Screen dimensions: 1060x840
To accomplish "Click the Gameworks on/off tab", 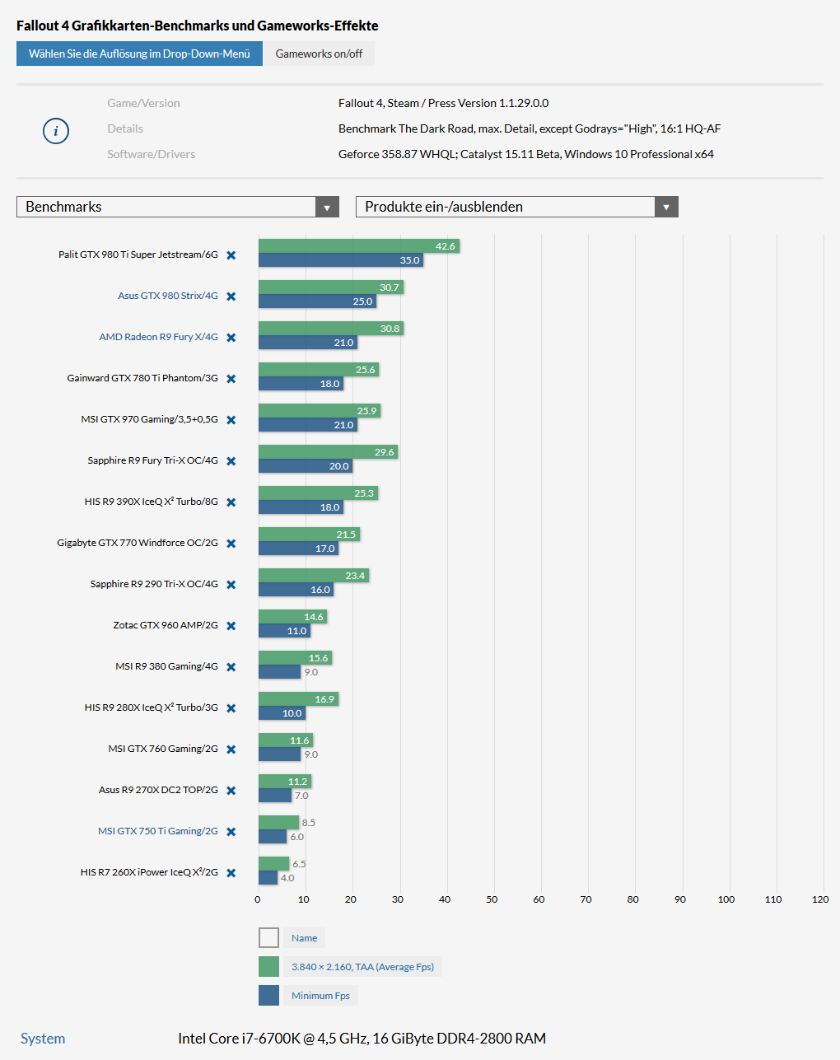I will pyautogui.click(x=319, y=54).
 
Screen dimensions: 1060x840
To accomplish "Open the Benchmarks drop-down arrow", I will pyautogui.click(x=327, y=208).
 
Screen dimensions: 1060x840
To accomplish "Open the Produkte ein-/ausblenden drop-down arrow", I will pyautogui.click(x=666, y=208).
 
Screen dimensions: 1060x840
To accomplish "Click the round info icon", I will pyautogui.click(x=56, y=131).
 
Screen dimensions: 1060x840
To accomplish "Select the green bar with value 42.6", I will pyautogui.click(x=358, y=246).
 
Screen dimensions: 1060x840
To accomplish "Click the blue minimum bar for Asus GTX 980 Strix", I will pyautogui.click(x=317, y=301).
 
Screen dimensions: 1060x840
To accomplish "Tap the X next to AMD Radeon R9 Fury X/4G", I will pyautogui.click(x=231, y=338).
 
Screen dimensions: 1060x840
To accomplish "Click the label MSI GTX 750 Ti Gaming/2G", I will pyautogui.click(x=157, y=831).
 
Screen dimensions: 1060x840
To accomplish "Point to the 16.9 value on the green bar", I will pyautogui.click(x=324, y=699).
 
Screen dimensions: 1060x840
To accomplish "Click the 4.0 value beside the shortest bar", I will pyautogui.click(x=287, y=878).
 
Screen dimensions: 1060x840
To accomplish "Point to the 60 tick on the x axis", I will pyautogui.click(x=539, y=899).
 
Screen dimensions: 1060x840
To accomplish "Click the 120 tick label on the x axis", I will pyautogui.click(x=820, y=899).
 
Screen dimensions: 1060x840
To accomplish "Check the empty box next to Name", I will pyautogui.click(x=268, y=938).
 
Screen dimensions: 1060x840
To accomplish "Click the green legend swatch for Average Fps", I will pyautogui.click(x=268, y=967).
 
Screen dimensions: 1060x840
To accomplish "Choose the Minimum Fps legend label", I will pyautogui.click(x=320, y=996).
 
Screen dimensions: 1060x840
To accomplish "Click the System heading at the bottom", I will pyautogui.click(x=43, y=1039).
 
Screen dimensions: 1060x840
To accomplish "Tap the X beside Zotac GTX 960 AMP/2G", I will pyautogui.click(x=231, y=626).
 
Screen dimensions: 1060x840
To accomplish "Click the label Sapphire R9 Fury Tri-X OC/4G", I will pyautogui.click(x=152, y=460).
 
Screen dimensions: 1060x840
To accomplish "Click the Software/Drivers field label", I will pyautogui.click(x=151, y=154).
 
